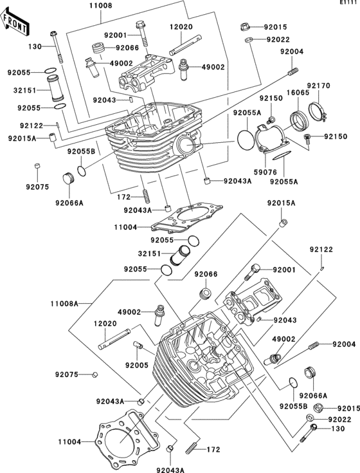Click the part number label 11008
tap(101, 6)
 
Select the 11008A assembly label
tap(64, 303)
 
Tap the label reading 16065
tap(294, 93)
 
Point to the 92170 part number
tap(314, 86)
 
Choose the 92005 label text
tap(137, 366)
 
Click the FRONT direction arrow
tap(14, 22)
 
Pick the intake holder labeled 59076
tap(269, 140)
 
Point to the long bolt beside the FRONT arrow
tap(57, 46)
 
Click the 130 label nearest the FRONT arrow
tap(35, 47)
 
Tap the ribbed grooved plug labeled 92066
tap(98, 48)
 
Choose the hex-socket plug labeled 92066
tap(206, 293)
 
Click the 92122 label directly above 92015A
tap(32, 125)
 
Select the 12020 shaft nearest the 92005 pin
tap(114, 339)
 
